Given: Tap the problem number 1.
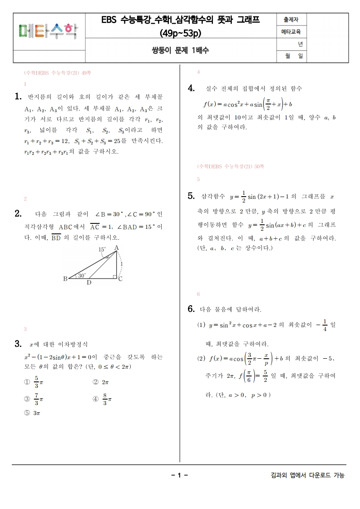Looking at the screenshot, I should pyautogui.click(x=18, y=96).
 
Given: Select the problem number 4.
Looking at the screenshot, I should pyautogui.click(x=191, y=88).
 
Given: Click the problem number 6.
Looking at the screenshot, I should pyautogui.click(x=191, y=309).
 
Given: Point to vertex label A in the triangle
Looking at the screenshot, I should pyautogui.click(x=116, y=247).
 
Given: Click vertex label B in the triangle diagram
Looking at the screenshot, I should pyautogui.click(x=65, y=279).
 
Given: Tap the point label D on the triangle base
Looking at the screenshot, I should pyautogui.click(x=89, y=282).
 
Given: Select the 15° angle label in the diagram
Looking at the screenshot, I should pyautogui.click(x=103, y=249).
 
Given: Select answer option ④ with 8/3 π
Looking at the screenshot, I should pyautogui.click(x=102, y=399).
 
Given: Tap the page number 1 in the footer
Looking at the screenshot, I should pyautogui.click(x=179, y=475).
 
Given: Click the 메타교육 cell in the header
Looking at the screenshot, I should pyautogui.click(x=291, y=32).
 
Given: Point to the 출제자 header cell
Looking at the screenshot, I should pyautogui.click(x=291, y=20).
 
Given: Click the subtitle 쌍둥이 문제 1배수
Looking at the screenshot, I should pyautogui.click(x=180, y=50).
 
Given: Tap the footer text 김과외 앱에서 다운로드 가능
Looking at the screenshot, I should pyautogui.click(x=307, y=475).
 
